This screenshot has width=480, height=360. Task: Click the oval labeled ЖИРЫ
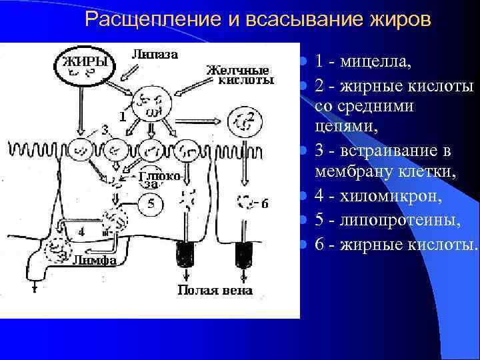(x=85, y=65)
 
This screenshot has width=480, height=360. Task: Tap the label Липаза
(x=155, y=55)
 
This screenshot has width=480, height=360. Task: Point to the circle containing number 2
(x=244, y=121)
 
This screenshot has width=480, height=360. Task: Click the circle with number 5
(x=151, y=204)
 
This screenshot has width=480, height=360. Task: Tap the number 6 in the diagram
(x=265, y=204)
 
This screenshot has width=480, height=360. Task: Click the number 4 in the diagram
(x=81, y=232)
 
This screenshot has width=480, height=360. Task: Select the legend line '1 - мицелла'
(x=363, y=62)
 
